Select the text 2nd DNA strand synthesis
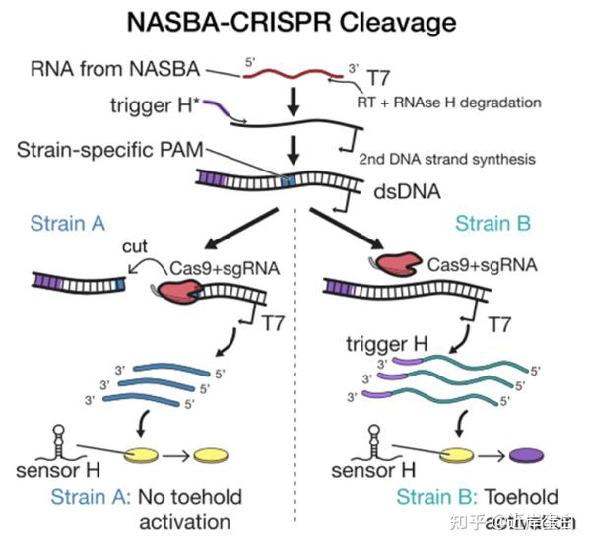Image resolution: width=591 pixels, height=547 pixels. pyautogui.click(x=445, y=159)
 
